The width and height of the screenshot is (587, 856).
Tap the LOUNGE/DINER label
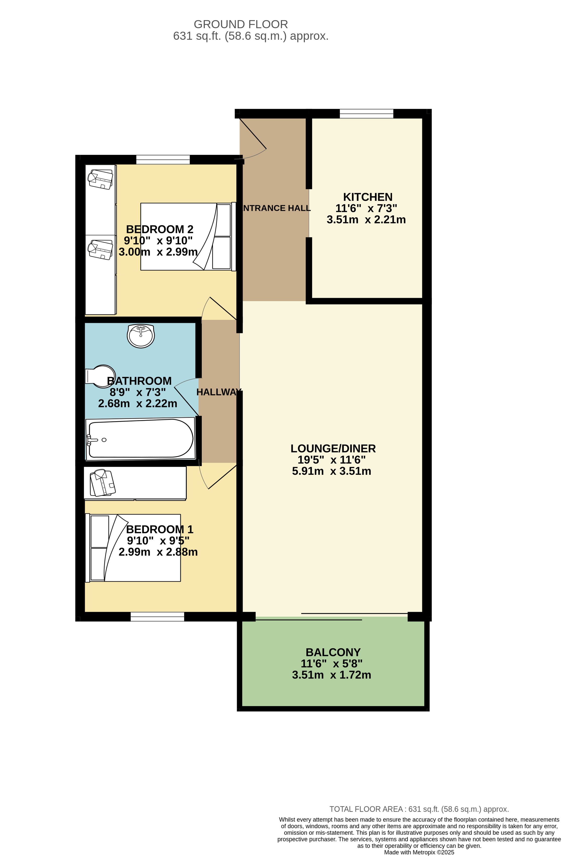click(x=333, y=448)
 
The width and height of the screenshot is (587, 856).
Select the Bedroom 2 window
click(x=163, y=160)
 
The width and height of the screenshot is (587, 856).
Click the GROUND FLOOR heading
click(x=241, y=24)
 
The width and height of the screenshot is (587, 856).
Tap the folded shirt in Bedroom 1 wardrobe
click(x=103, y=483)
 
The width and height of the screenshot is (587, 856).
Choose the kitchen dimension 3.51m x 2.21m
click(x=366, y=220)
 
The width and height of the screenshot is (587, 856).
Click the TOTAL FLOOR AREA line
click(x=419, y=809)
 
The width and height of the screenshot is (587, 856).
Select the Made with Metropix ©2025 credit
click(x=419, y=852)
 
